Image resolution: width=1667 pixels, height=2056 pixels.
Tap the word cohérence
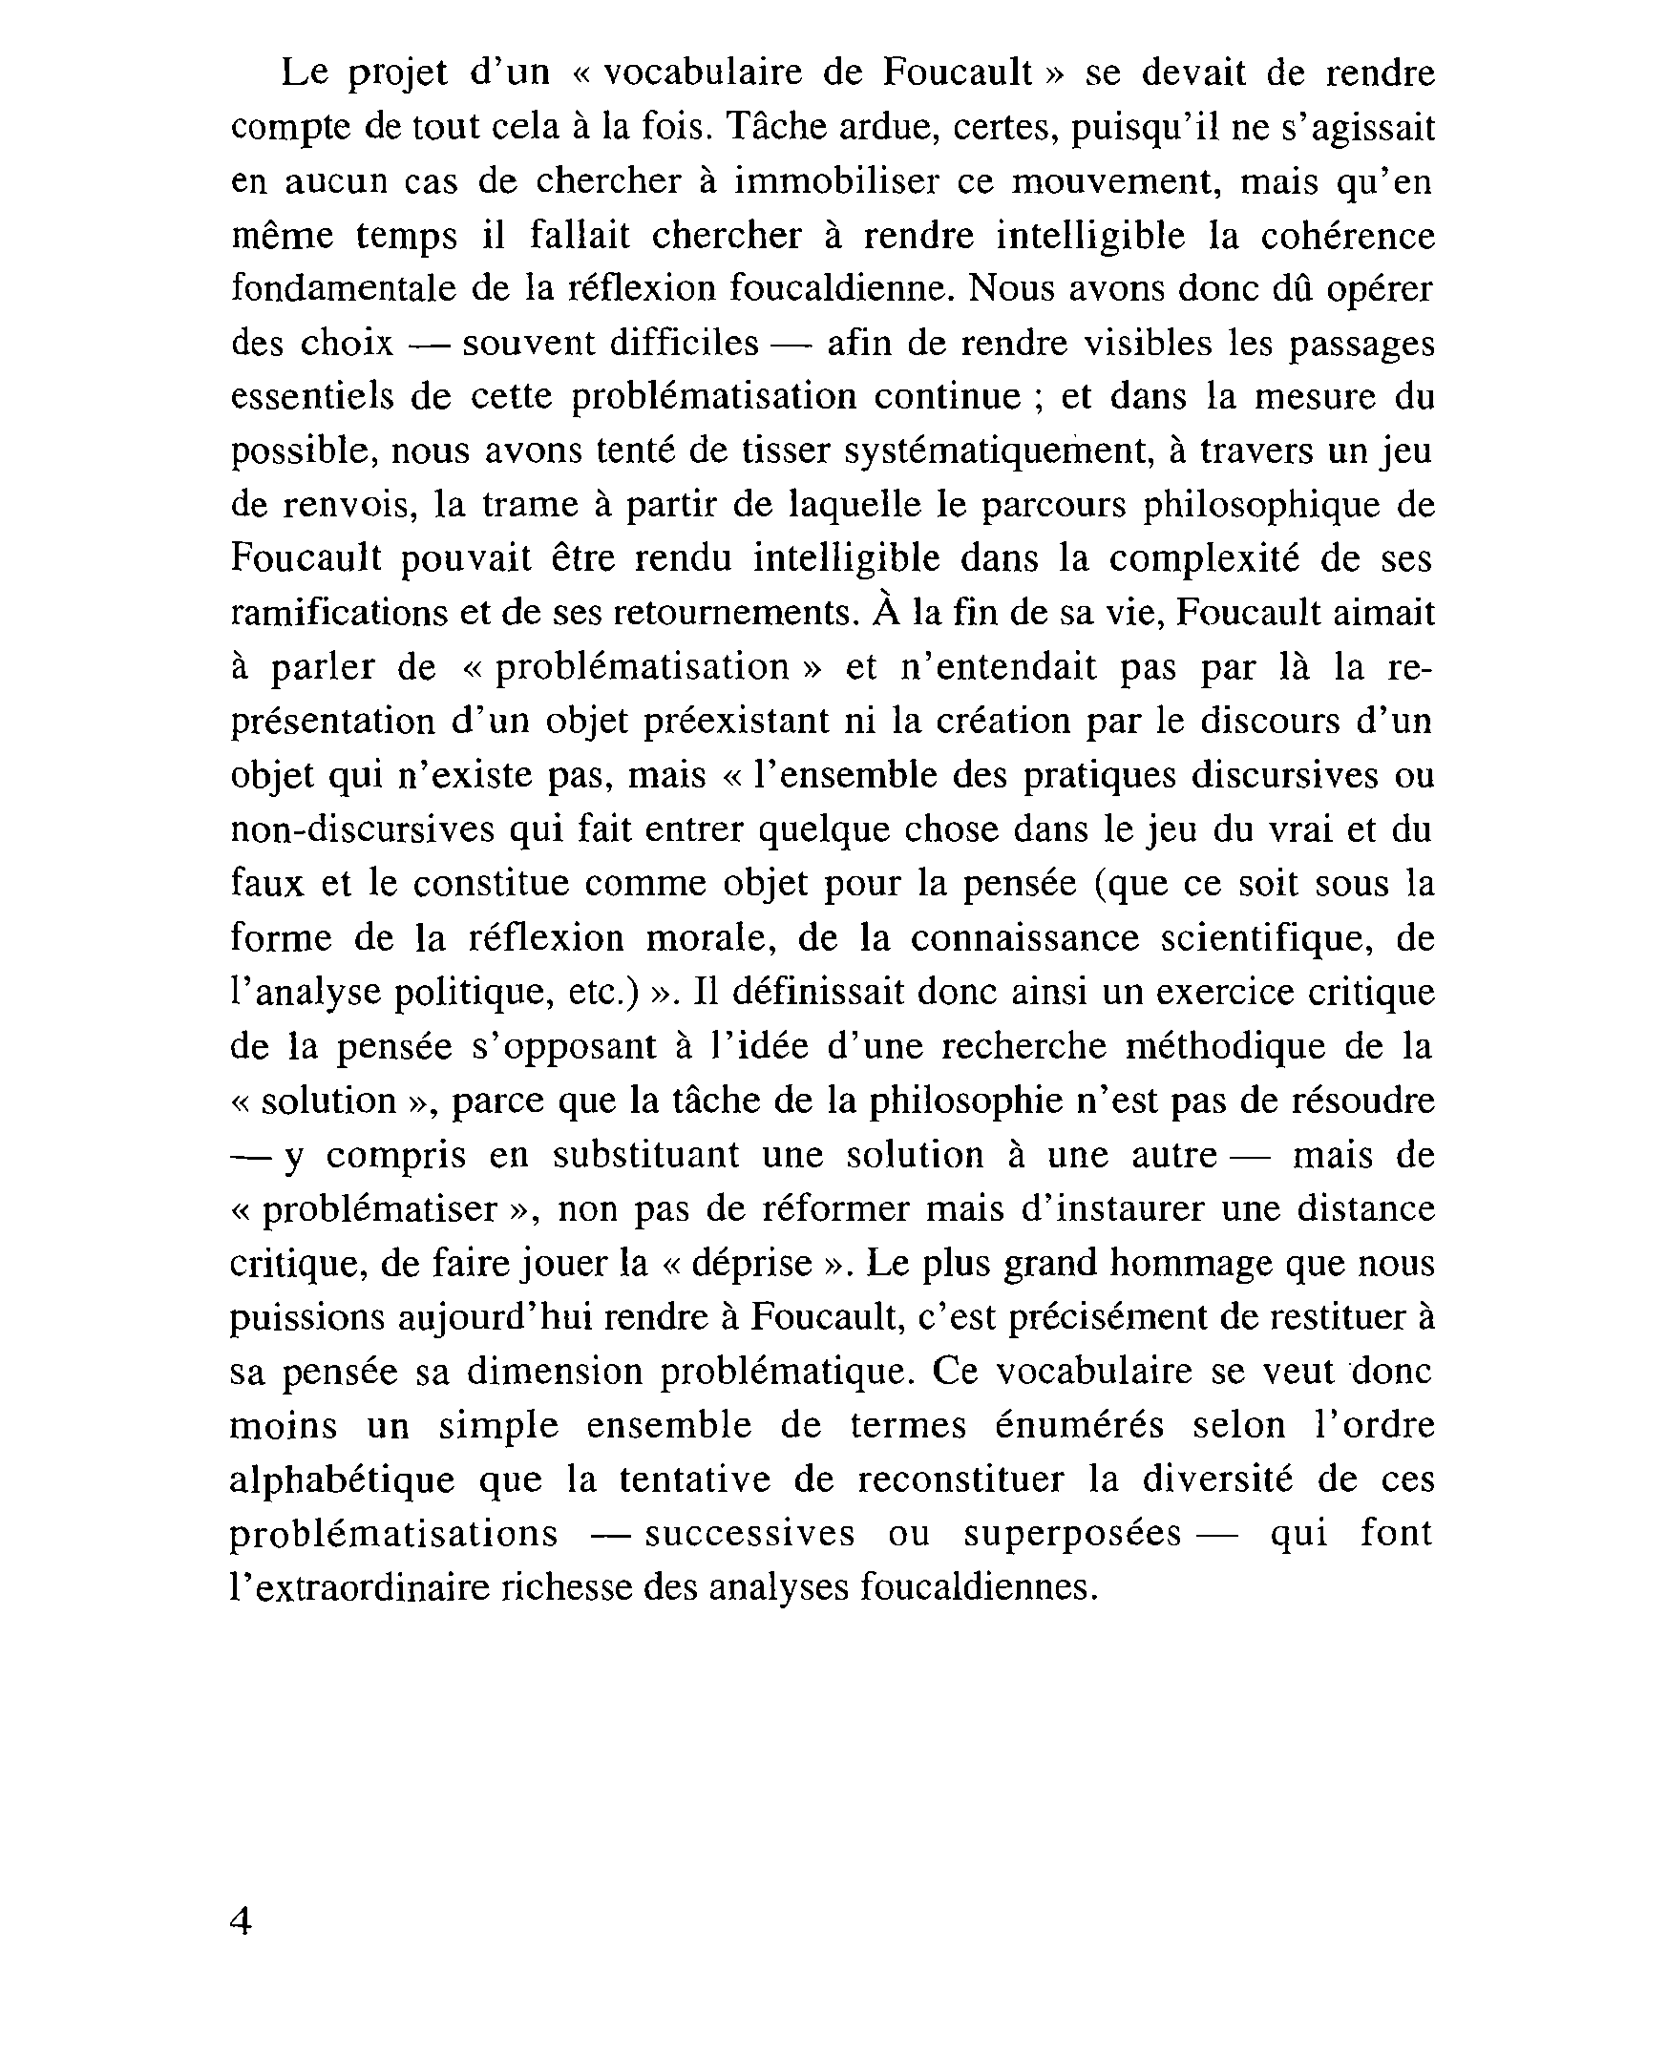click(x=1346, y=235)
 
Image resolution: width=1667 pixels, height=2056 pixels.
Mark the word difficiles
click(x=684, y=343)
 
